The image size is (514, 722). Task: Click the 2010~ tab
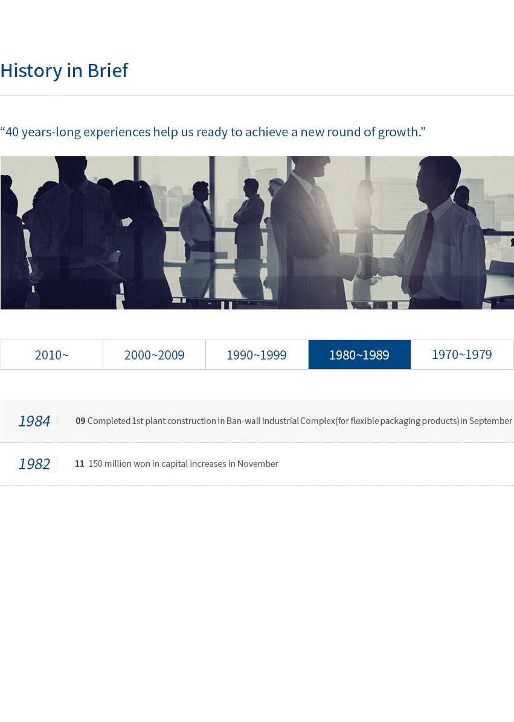(51, 355)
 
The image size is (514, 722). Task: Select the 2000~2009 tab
(155, 355)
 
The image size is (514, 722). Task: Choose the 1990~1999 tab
(257, 355)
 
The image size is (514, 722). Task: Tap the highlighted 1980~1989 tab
(359, 355)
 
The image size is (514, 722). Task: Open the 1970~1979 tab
(462, 355)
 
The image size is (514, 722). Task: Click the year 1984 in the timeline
(34, 421)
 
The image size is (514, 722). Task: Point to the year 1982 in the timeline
(34, 464)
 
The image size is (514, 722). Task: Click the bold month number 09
(80, 421)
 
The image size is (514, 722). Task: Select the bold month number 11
(79, 464)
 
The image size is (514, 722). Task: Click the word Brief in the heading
(108, 71)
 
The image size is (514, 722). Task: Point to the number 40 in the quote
(12, 132)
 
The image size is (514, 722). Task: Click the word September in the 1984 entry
(490, 421)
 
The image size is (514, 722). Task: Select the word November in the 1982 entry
(258, 464)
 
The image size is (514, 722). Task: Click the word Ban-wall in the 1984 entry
(243, 421)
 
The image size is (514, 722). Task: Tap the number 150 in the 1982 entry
(95, 464)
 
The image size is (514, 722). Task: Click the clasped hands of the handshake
(368, 267)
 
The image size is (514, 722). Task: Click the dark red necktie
(422, 253)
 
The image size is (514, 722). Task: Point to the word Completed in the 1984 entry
(109, 421)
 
